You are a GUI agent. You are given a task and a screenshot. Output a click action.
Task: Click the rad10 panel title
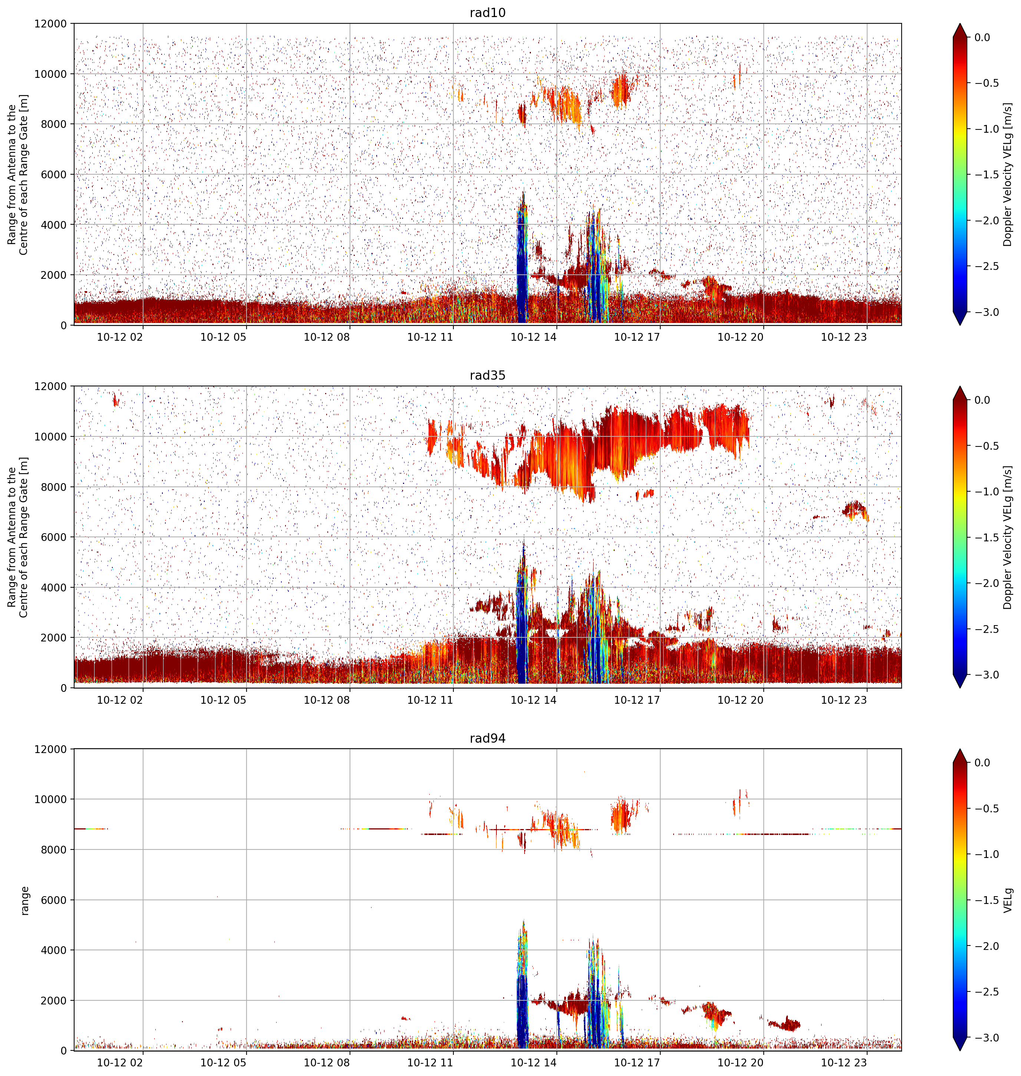click(x=487, y=13)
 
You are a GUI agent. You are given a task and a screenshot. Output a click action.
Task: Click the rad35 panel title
click(x=487, y=376)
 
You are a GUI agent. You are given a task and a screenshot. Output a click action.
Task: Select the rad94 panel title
click(x=487, y=739)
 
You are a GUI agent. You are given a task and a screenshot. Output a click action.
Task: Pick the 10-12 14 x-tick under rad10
click(x=533, y=337)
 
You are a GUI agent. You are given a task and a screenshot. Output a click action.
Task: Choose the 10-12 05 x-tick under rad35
click(x=223, y=700)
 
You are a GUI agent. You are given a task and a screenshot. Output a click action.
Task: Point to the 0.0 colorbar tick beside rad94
click(x=982, y=763)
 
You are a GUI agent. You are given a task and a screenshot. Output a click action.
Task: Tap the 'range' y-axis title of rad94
click(x=24, y=900)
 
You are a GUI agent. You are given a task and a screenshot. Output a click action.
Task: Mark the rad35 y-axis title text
click(x=18, y=537)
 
